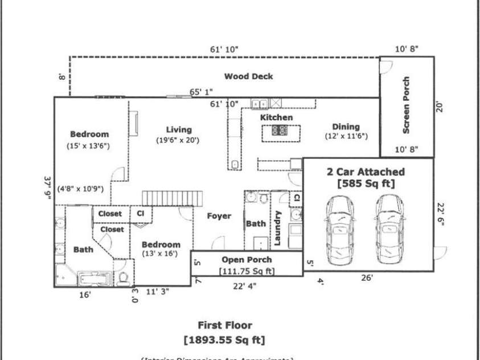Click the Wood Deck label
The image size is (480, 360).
[x=248, y=76]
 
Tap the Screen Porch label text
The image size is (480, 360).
[x=407, y=105]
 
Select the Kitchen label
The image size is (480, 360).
[x=277, y=117]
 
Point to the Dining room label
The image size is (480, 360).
[x=346, y=127]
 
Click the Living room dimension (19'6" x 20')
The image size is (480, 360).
[x=178, y=140]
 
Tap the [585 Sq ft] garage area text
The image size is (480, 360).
[x=365, y=183]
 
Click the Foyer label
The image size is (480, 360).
[x=219, y=216]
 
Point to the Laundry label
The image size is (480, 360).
[x=278, y=228]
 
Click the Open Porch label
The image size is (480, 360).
[x=246, y=260]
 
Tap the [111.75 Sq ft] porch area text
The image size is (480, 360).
[x=247, y=271]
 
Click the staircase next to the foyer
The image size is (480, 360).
[x=172, y=198]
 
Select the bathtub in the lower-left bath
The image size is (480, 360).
[x=95, y=279]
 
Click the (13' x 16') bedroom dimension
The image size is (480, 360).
[x=161, y=255]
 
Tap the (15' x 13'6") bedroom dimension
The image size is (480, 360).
[x=88, y=146]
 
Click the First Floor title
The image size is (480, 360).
[x=224, y=326]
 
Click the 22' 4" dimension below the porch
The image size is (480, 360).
[x=245, y=286]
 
